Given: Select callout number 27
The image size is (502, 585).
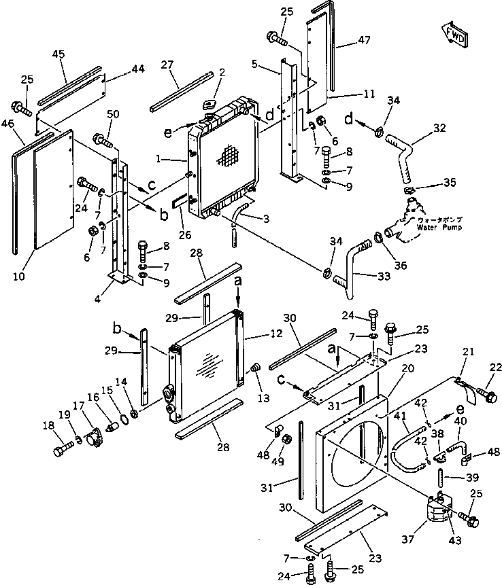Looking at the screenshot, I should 167,65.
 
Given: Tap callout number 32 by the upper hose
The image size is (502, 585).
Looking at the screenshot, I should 439,127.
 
